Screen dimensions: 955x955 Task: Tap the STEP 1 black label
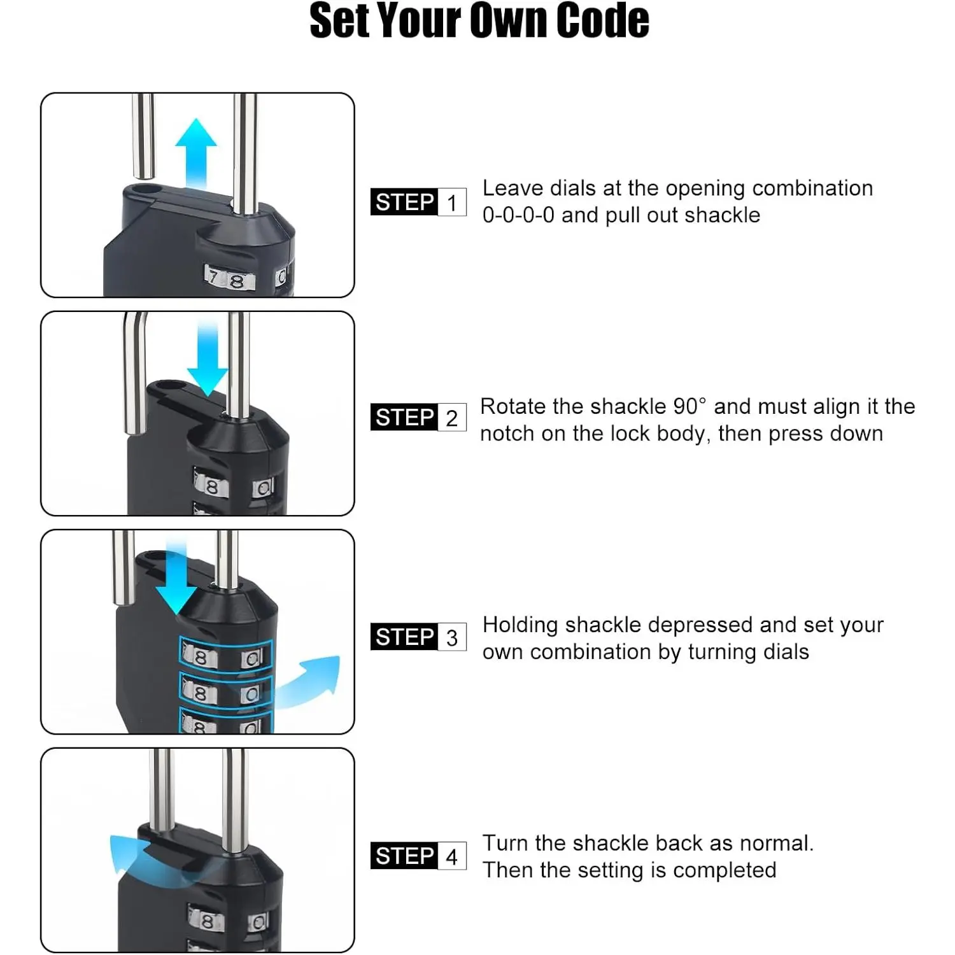pos(404,202)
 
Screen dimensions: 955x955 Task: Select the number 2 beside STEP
pos(451,418)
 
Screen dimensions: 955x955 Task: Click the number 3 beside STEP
pos(452,637)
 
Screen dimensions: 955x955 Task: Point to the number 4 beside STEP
pos(451,856)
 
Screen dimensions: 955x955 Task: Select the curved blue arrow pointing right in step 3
pos(308,681)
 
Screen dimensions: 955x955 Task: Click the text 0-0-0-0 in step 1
pos(518,215)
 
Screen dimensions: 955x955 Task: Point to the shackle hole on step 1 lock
pos(147,189)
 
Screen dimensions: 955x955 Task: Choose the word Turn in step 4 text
pos(506,843)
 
